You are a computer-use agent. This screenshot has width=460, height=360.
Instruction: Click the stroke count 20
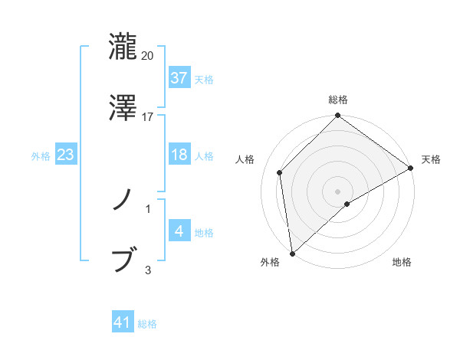(148, 56)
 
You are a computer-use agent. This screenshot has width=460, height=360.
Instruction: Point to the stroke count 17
(148, 117)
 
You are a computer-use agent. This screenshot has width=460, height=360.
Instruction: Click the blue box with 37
(179, 77)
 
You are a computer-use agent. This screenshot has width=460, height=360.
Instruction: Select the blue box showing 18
(179, 155)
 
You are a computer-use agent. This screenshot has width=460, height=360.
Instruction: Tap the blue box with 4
(179, 231)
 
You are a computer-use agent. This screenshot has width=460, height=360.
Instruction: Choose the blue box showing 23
(65, 155)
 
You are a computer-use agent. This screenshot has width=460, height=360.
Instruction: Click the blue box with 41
(123, 322)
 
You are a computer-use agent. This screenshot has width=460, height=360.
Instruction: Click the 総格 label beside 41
(147, 324)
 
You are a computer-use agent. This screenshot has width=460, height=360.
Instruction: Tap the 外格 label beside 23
(41, 155)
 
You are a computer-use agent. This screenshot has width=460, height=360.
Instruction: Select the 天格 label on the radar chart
(431, 159)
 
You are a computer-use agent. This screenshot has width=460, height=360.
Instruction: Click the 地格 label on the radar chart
(402, 263)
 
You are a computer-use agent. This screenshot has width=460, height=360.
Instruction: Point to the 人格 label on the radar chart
(245, 159)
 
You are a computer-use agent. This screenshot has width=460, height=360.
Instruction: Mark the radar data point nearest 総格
(337, 116)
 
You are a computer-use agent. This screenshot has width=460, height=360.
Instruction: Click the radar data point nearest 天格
(411, 168)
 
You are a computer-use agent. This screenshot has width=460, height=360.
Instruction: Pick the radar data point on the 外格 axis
(292, 254)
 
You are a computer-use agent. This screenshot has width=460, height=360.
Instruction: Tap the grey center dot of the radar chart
(337, 191)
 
